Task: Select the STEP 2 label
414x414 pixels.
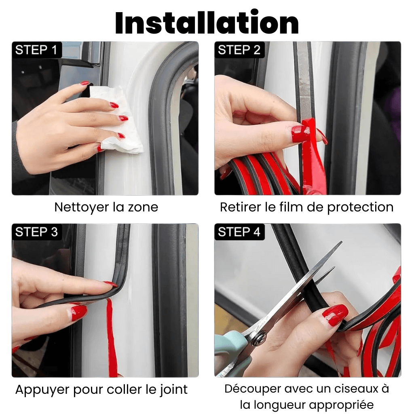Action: coord(239,50)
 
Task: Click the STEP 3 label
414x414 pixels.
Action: coord(36,232)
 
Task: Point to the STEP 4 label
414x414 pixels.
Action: coord(239,232)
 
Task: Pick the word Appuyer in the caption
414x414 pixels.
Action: coord(42,390)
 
